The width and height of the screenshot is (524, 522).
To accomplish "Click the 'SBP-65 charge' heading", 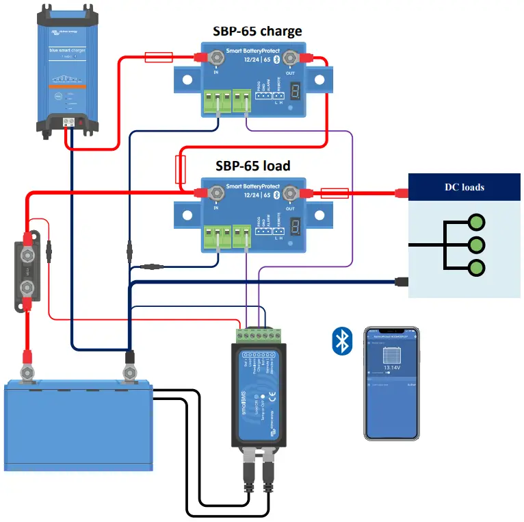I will tap(257, 31).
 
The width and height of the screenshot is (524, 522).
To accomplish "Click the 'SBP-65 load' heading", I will tap(252, 165).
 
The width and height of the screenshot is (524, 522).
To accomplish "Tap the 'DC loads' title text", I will tap(464, 187).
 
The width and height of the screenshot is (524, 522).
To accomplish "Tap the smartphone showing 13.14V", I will tap(391, 383).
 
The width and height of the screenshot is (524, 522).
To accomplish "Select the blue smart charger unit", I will tap(66, 69).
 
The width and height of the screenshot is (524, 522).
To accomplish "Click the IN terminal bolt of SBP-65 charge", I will tap(217, 58).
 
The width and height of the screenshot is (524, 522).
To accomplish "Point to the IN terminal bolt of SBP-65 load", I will tap(217, 192).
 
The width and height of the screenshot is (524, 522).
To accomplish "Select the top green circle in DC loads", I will tap(477, 222).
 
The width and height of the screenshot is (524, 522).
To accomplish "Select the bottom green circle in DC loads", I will tap(477, 268).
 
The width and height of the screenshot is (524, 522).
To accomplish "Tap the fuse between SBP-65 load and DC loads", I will tap(335, 193).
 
